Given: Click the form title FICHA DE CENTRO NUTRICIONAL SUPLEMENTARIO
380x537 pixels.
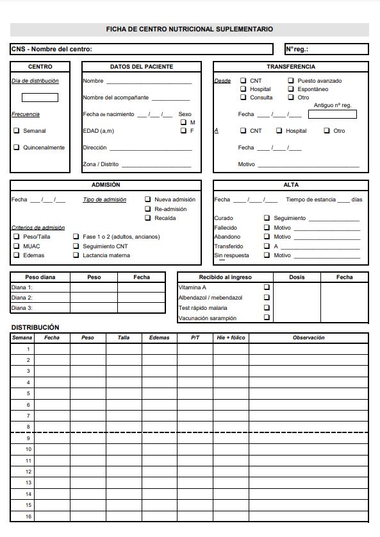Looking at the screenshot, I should click(190, 30).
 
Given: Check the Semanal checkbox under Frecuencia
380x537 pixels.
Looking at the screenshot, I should click(17, 130).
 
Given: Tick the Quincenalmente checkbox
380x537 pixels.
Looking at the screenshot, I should click(17, 147).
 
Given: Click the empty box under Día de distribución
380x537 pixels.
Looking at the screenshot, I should click(40, 98).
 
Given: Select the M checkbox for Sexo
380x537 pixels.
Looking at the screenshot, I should click(183, 122).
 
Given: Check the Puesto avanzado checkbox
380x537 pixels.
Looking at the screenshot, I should click(291, 81).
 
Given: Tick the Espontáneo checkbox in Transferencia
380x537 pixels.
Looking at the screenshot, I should click(291, 89).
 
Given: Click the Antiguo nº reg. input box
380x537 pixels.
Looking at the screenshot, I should click(332, 114).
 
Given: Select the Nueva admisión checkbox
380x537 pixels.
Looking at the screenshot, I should click(148, 200).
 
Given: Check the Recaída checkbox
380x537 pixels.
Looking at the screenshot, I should click(148, 218).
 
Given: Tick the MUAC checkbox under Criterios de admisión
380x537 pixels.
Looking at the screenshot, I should click(17, 246).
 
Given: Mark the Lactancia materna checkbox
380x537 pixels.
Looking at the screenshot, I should click(76, 255).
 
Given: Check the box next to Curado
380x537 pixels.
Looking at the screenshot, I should click(267, 218).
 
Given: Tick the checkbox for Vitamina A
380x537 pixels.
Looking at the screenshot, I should click(267, 287).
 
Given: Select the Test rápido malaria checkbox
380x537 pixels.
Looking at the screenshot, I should click(267, 308).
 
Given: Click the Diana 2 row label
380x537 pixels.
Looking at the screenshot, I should click(22, 298).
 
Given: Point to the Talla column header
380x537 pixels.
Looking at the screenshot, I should click(123, 337).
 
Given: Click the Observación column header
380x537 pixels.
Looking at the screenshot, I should click(308, 337).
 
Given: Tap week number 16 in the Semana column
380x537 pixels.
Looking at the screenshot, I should click(28, 516).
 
